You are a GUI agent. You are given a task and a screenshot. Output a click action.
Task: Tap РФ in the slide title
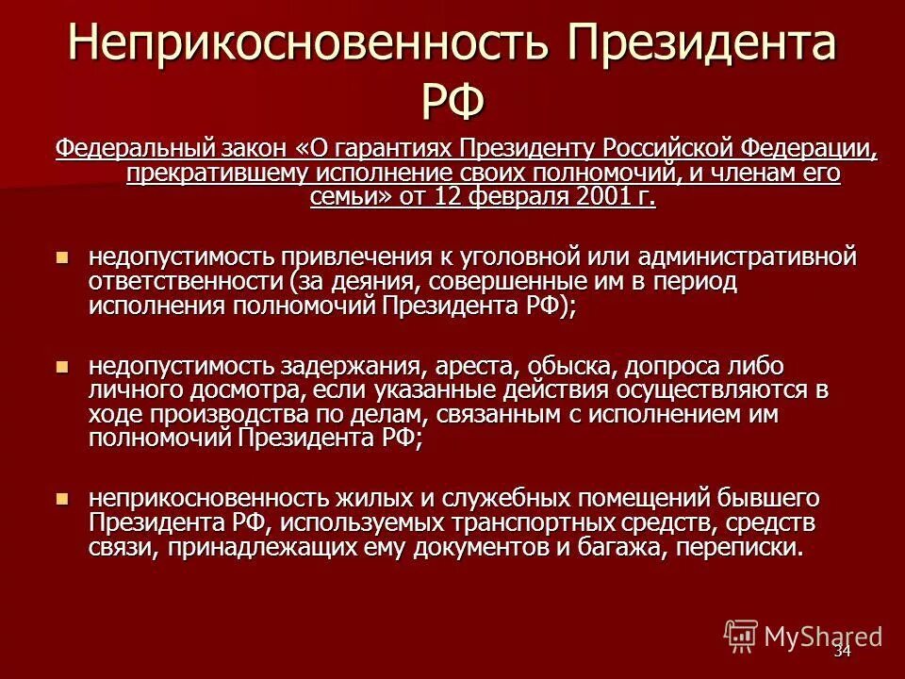(452, 99)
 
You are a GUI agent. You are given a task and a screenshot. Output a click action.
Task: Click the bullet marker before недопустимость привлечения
(63, 257)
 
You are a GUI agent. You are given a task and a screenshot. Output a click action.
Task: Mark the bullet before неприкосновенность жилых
(63, 499)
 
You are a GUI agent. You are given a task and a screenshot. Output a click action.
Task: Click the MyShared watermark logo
(802, 636)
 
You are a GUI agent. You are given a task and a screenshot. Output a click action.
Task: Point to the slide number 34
(842, 652)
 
